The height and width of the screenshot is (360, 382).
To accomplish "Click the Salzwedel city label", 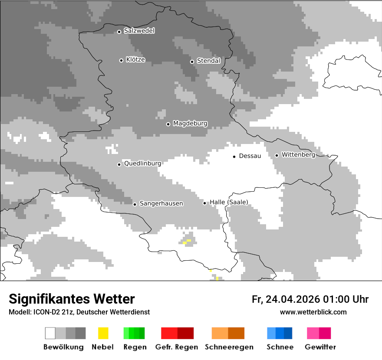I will [139, 31].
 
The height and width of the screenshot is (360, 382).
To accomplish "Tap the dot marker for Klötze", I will [121, 60].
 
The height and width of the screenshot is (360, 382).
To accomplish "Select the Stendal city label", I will [208, 61].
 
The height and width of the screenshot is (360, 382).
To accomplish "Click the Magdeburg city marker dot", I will [168, 124].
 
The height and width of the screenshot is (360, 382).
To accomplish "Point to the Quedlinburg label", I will [142, 164].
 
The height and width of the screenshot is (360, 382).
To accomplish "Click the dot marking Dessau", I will [234, 157].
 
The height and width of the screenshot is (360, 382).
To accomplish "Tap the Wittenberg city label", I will [298, 155].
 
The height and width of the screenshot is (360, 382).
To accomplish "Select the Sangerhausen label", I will [161, 203].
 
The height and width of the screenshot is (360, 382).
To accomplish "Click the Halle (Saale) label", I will [229, 202].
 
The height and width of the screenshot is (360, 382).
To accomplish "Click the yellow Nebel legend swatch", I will [103, 333].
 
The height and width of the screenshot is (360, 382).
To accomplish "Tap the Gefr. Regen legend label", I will [177, 347].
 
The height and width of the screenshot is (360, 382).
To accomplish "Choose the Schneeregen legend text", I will [228, 347].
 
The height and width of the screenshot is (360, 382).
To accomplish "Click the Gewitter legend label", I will [320, 347].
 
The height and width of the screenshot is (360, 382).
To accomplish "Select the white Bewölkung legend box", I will [50, 333].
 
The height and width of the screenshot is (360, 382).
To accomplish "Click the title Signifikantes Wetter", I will [72, 299].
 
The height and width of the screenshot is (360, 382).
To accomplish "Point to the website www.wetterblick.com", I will [313, 312].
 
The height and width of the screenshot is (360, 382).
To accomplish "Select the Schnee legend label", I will [280, 347].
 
